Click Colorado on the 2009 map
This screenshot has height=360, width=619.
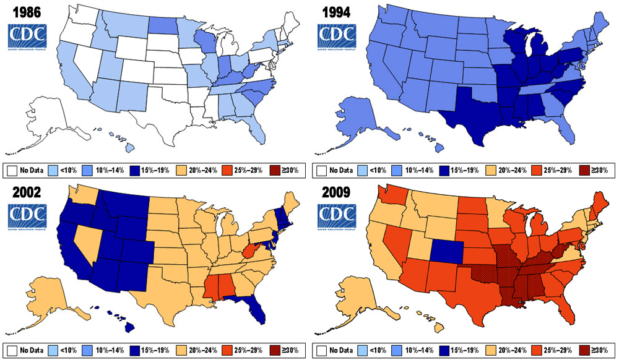pos(445,249)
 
